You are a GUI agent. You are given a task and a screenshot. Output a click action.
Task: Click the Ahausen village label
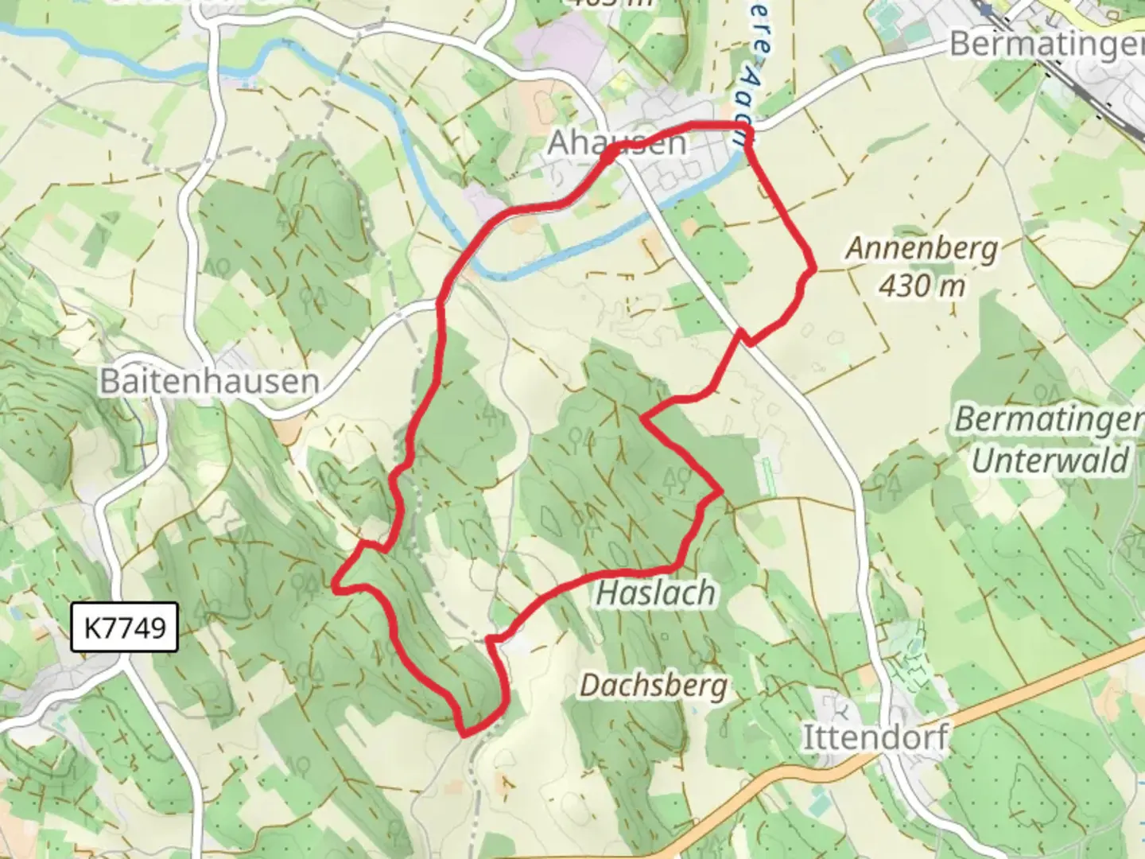617,143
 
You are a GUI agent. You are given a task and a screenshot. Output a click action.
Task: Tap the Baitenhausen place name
209,382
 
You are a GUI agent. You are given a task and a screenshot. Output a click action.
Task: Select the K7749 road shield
124,628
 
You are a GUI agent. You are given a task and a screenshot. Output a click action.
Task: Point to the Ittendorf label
875,738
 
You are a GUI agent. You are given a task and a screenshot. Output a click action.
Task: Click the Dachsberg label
653,685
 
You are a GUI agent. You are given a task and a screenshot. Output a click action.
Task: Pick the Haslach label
656,593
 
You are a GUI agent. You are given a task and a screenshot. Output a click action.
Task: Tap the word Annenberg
921,249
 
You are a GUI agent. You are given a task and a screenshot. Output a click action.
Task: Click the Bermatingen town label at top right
1046,45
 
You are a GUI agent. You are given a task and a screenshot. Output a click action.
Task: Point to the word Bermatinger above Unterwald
1048,420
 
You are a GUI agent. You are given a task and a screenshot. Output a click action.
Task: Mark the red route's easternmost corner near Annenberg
813,270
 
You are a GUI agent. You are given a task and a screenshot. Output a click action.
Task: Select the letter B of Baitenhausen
108,382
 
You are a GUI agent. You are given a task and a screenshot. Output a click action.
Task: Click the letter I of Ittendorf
808,738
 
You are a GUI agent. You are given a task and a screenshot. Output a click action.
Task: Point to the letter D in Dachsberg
589,685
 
